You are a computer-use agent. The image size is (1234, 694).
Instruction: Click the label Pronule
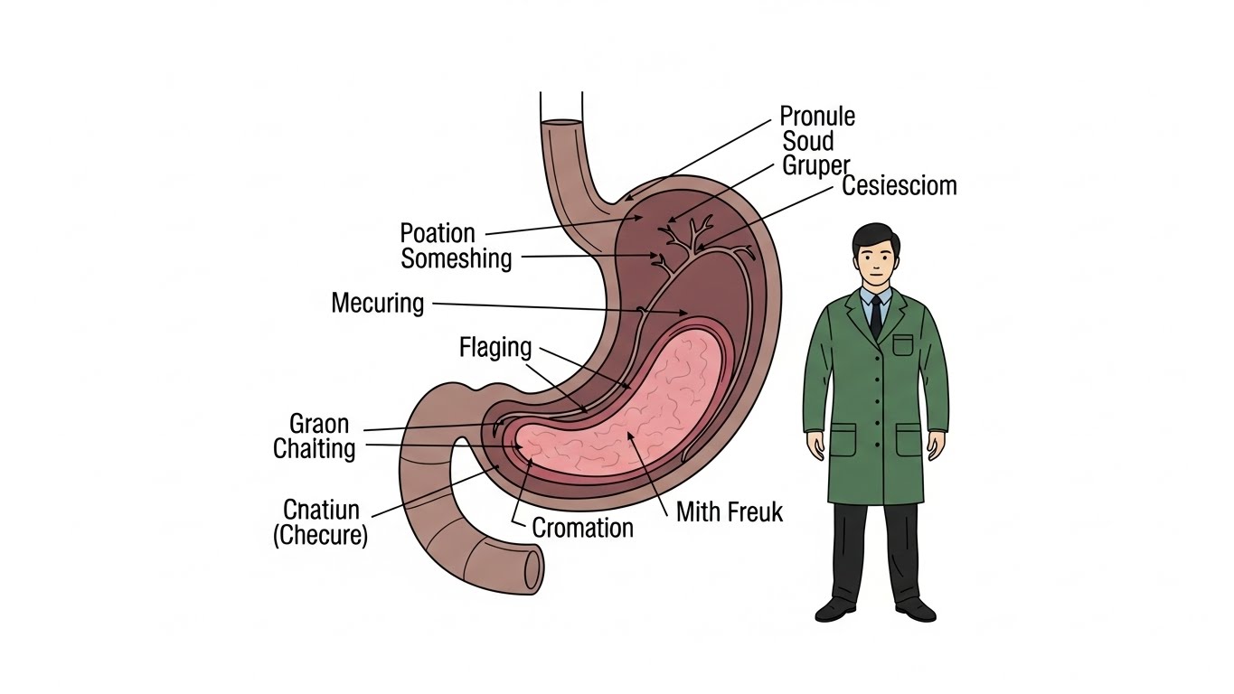[x=816, y=117]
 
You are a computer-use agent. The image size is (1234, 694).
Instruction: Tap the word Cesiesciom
[x=899, y=186]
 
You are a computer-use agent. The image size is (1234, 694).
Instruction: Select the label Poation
[x=438, y=233]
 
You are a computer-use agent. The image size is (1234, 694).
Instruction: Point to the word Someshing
[x=457, y=258]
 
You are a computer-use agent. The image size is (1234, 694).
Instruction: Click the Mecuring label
[x=377, y=303]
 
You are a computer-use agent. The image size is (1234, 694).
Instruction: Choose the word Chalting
[x=315, y=448]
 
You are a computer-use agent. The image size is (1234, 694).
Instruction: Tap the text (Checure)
[x=320, y=535]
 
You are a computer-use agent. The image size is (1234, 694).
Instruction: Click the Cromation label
[x=582, y=528]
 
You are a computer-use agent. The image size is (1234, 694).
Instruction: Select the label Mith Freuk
[x=729, y=512]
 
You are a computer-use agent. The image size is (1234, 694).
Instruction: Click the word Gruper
[x=815, y=165]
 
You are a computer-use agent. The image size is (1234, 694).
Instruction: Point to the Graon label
[x=318, y=424]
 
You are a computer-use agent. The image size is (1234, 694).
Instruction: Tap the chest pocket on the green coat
[x=903, y=345]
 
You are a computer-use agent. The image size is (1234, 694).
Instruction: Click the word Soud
[x=807, y=141]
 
